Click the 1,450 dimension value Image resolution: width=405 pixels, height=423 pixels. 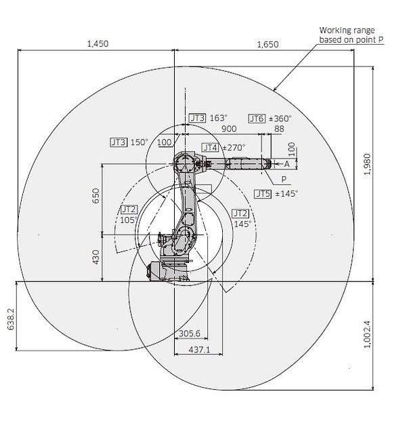point(98,43)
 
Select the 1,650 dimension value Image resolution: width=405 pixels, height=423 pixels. point(268,45)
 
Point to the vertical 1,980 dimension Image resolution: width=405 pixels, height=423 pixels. point(367,164)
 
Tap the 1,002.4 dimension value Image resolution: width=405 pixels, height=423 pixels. point(367,334)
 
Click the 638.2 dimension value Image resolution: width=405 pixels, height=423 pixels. point(10,319)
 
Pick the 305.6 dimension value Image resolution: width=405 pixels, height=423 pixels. point(190,334)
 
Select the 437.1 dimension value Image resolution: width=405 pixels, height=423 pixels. point(199,350)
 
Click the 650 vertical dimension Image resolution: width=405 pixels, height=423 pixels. point(95,196)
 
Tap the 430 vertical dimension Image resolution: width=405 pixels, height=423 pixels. point(95,257)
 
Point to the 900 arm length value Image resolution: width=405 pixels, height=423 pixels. point(229,129)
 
